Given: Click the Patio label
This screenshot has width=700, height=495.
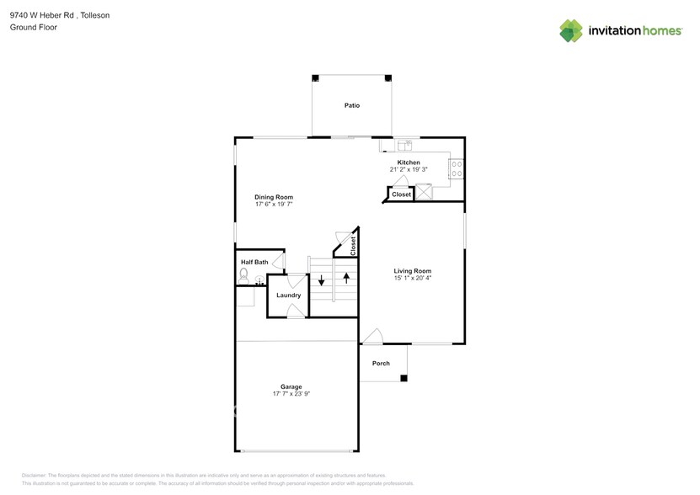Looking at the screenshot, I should coord(351,105).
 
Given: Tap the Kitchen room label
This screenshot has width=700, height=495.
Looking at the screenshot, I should coord(409,162).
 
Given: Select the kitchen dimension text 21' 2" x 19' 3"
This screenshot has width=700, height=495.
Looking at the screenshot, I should coord(409,170).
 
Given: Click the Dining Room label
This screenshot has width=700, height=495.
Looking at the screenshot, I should coord(274,197).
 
